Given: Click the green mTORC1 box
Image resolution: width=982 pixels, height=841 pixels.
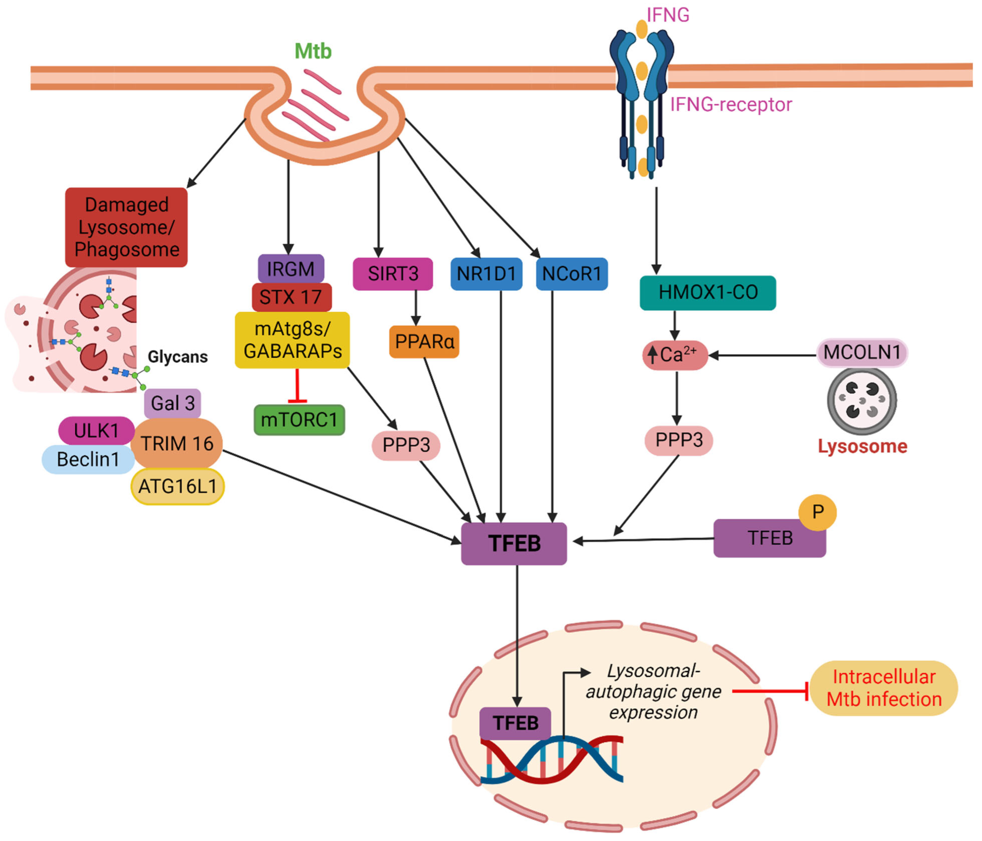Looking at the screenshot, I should pos(299,420).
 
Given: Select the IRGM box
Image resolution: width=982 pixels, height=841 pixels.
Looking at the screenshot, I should pos(291,269).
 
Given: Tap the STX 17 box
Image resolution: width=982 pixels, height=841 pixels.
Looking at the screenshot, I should pos(291,297).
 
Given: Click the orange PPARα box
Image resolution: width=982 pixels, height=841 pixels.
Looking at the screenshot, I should pos(424,341).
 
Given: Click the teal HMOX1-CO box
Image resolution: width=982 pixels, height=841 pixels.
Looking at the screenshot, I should pos(708,293).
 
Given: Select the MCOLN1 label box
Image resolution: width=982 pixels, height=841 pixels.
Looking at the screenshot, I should pos(862,352).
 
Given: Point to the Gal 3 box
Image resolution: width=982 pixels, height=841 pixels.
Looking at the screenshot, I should pos(173,403).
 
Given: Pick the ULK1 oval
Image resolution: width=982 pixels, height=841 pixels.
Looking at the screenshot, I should pos(97,431).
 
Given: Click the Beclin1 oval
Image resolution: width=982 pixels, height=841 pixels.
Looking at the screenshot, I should pos(88,459).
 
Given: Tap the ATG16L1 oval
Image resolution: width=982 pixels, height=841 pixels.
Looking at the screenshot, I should pos(177,486).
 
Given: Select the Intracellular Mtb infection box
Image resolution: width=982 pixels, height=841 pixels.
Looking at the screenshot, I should pos(883,688).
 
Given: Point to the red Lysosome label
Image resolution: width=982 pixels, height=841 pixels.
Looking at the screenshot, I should pos(862,446).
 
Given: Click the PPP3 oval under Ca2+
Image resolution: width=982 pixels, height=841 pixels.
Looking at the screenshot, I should pos(679,440).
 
